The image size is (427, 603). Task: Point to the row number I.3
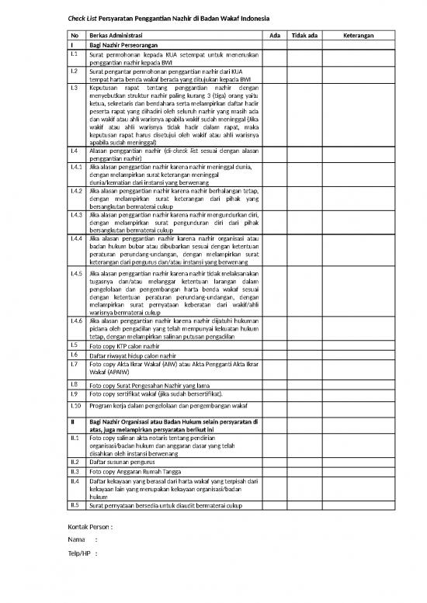[75, 88]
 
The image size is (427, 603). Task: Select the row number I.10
[76, 405]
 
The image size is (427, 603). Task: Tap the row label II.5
[75, 505]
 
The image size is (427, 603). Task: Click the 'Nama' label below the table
[77, 539]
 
